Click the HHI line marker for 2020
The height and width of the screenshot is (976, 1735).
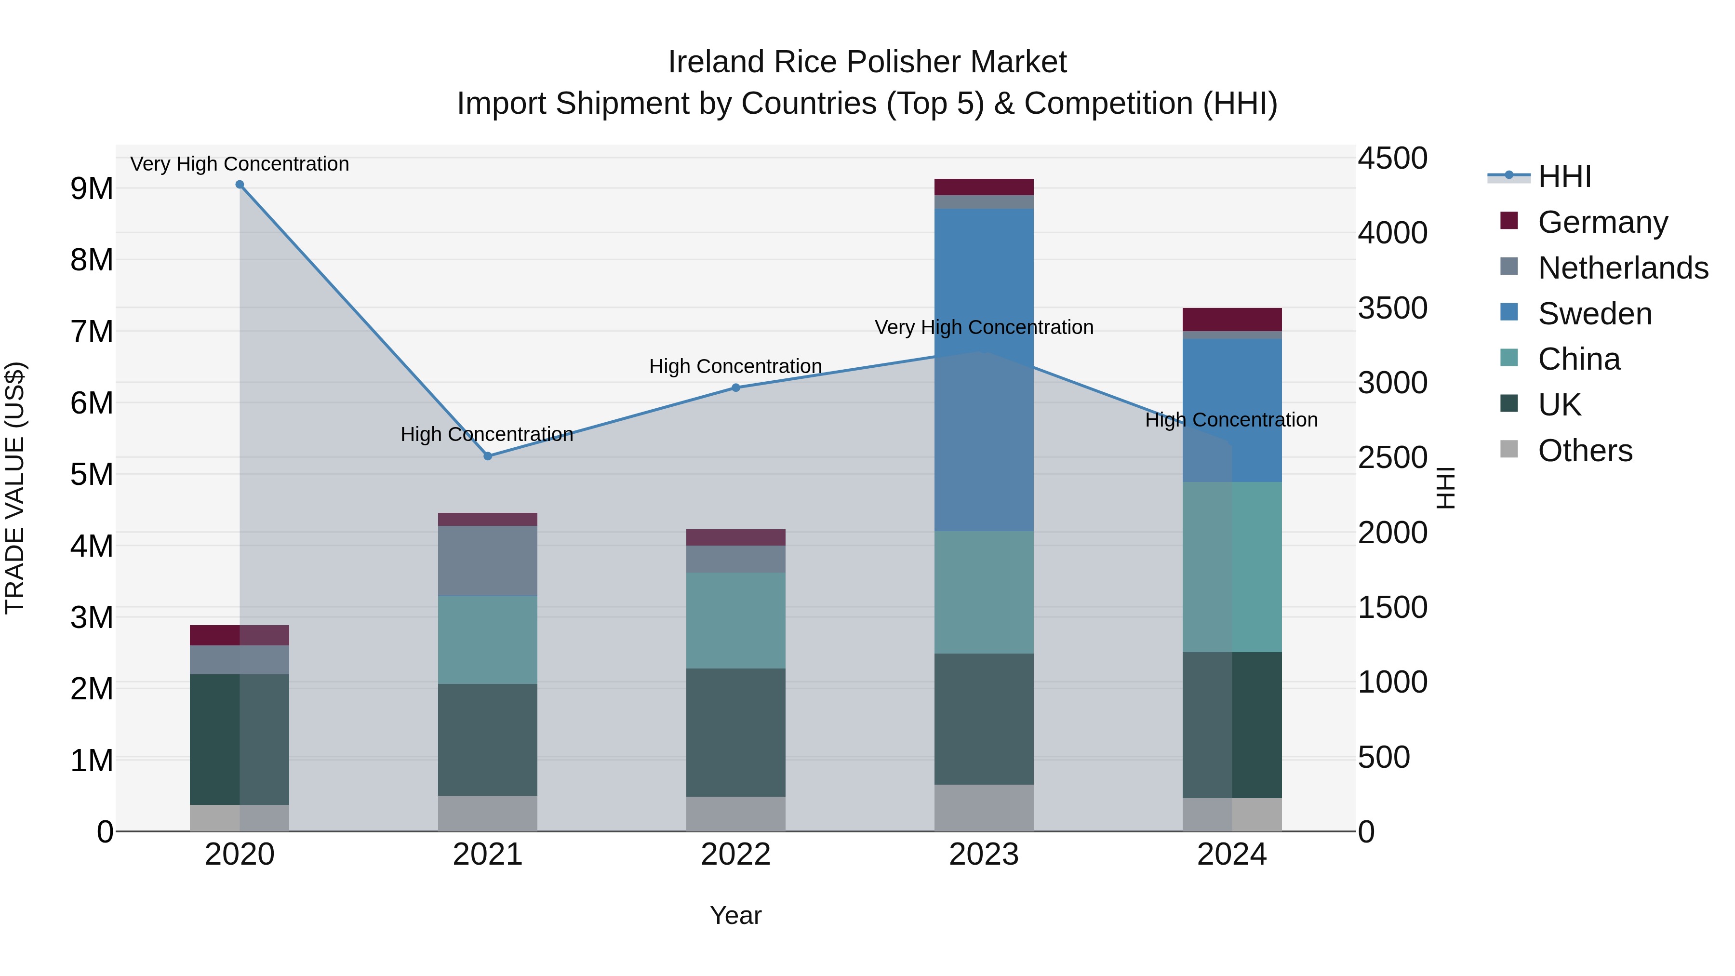(240, 185)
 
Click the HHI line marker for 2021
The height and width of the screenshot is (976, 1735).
(488, 456)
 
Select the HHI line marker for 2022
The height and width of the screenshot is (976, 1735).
(735, 388)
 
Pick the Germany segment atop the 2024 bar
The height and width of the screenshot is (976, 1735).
(1232, 319)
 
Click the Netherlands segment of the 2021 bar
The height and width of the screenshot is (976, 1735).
(488, 561)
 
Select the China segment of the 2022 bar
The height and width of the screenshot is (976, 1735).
(735, 620)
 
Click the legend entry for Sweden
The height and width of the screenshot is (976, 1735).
(1594, 314)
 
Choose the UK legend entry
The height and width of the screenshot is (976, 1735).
(1559, 405)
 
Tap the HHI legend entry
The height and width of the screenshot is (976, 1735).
(1564, 176)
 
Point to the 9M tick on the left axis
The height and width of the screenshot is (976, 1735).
(92, 188)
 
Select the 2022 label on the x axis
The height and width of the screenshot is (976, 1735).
(735, 855)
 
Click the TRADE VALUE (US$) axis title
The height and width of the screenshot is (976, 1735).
(15, 488)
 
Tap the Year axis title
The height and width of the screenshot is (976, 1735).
(735, 915)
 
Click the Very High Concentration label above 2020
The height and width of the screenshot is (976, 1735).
(240, 164)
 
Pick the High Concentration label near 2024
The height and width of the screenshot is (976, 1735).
(1231, 420)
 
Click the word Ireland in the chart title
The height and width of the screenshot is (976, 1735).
(716, 62)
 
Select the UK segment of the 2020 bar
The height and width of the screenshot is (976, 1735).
(240, 739)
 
